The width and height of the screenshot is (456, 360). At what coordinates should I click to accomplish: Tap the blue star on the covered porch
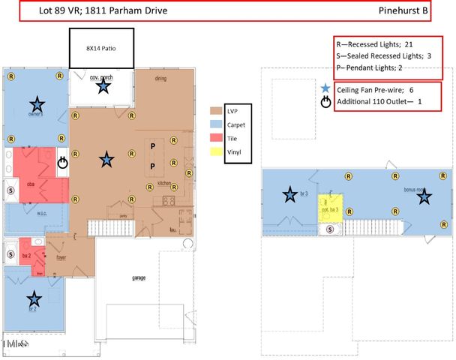(x=103, y=86)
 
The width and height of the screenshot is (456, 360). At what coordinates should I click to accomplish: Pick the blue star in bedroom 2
(x=34, y=298)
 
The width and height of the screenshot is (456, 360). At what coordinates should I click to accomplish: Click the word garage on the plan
(x=139, y=278)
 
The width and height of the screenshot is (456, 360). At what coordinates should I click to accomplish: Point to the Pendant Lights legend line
(x=379, y=67)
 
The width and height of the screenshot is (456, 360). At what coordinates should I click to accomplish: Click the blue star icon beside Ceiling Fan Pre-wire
(x=325, y=88)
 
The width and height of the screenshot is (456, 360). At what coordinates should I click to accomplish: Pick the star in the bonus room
(x=424, y=196)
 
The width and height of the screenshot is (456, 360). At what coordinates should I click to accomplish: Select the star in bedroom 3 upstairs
(x=289, y=196)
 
